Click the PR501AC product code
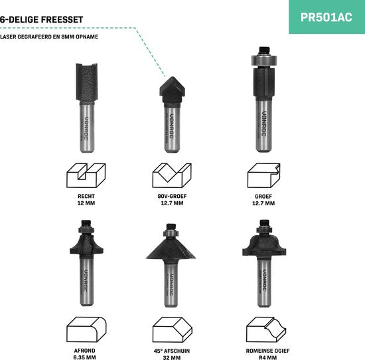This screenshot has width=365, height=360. point(326,17)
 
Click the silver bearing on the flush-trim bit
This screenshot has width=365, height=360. point(263,60)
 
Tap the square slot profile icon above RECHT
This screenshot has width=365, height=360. point(86,175)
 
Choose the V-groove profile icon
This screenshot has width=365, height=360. point(172,175)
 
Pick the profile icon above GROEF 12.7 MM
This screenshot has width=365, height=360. point(263,175)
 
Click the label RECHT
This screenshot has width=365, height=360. point(86,196)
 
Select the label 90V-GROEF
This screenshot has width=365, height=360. point(172,196)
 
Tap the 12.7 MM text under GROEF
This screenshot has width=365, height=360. point(263,203)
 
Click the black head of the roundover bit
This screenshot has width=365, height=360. point(86,244)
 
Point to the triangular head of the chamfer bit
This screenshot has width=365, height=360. point(171,249)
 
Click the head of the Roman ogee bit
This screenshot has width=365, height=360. point(264,246)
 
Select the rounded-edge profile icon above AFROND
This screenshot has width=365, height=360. point(86,329)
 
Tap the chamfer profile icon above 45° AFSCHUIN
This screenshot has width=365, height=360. point(173,329)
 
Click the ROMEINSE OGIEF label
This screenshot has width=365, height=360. point(268,351)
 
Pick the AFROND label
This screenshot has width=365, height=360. point(84,351)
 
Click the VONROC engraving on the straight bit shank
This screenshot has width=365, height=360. point(86,128)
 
